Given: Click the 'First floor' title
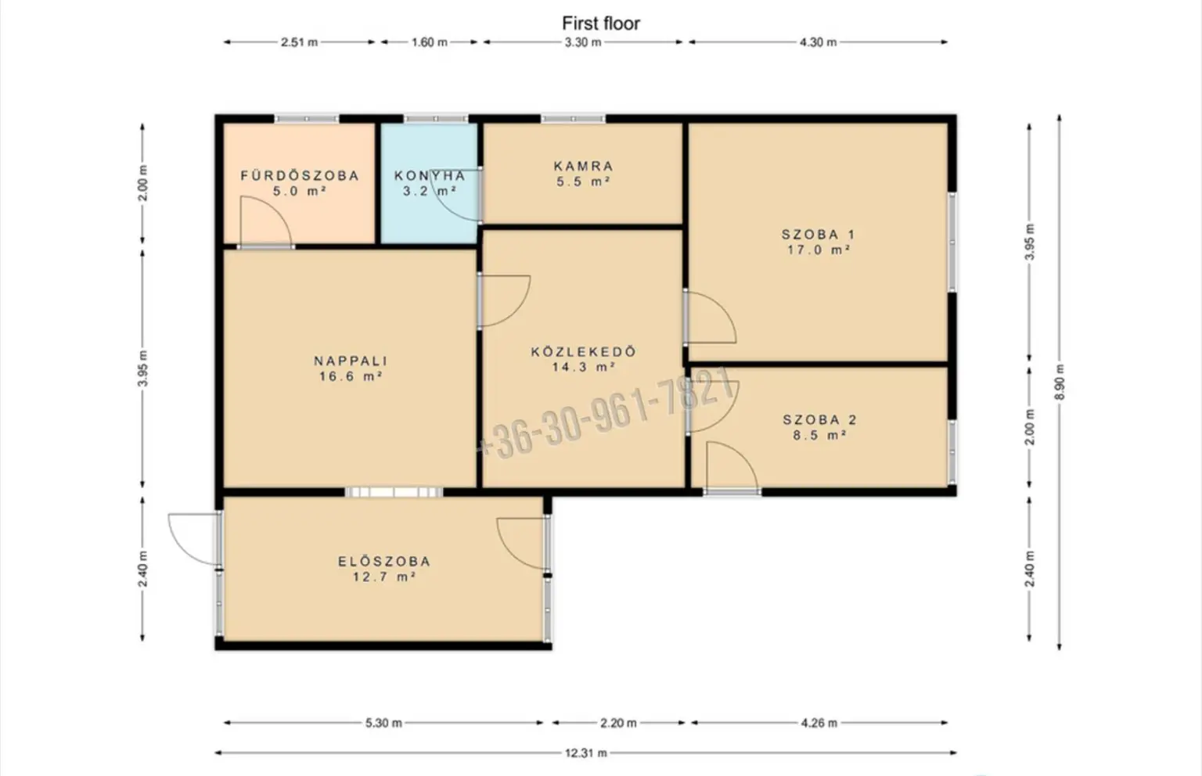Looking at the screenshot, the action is point(600,23).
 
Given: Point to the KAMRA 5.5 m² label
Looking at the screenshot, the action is point(583,174).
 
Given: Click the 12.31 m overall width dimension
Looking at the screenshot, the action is point(586,753).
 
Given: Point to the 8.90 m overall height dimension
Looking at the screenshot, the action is point(1060,381).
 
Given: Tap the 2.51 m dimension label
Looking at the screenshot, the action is point(300,41).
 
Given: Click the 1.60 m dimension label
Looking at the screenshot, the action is point(430,41).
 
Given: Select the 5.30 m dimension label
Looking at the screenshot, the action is point(383,723).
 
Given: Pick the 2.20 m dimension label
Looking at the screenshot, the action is point(618,723).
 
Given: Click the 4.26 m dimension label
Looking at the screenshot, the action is point(819,723).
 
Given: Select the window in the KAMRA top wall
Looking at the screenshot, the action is point(573,119).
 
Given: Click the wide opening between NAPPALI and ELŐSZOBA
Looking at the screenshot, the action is point(394,492).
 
